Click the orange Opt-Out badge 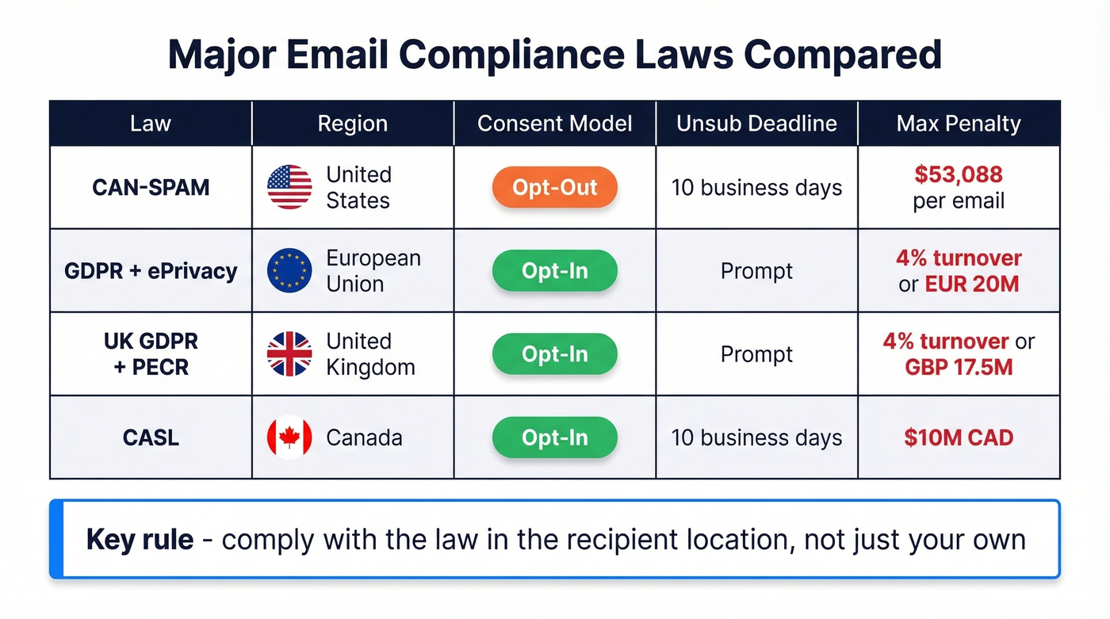tap(554, 188)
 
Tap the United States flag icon tap(289, 187)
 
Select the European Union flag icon tap(289, 271)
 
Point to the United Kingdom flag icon tap(289, 354)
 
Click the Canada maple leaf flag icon tap(289, 438)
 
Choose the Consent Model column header tap(554, 124)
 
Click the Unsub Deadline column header tap(756, 124)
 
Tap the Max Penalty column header tap(959, 124)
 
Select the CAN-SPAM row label tap(151, 188)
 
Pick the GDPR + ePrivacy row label tap(151, 271)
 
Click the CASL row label tap(151, 438)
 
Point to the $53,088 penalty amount tap(959, 174)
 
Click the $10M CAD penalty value tap(959, 438)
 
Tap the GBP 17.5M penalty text tap(959, 368)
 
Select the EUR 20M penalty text tap(972, 285)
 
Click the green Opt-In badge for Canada tap(554, 438)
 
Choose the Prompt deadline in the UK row tap(756, 354)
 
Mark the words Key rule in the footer tap(140, 540)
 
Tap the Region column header tap(352, 124)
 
